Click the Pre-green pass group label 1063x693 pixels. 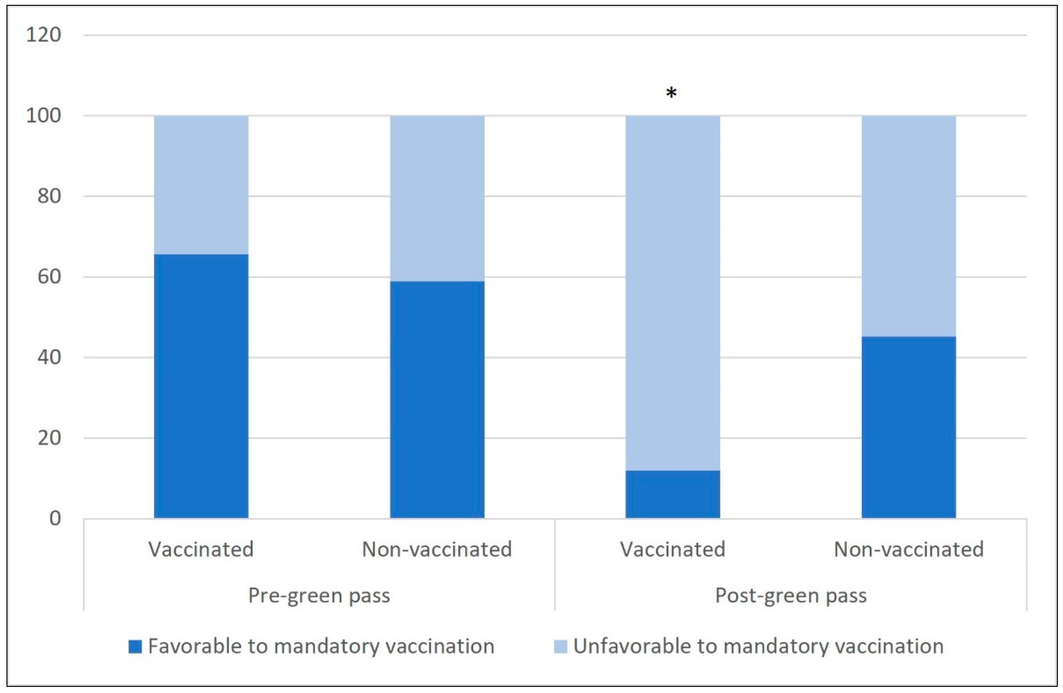click(319, 595)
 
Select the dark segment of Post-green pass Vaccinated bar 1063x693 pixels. click(673, 494)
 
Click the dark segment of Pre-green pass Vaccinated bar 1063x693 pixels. click(201, 386)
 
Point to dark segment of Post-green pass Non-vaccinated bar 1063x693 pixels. click(908, 427)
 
